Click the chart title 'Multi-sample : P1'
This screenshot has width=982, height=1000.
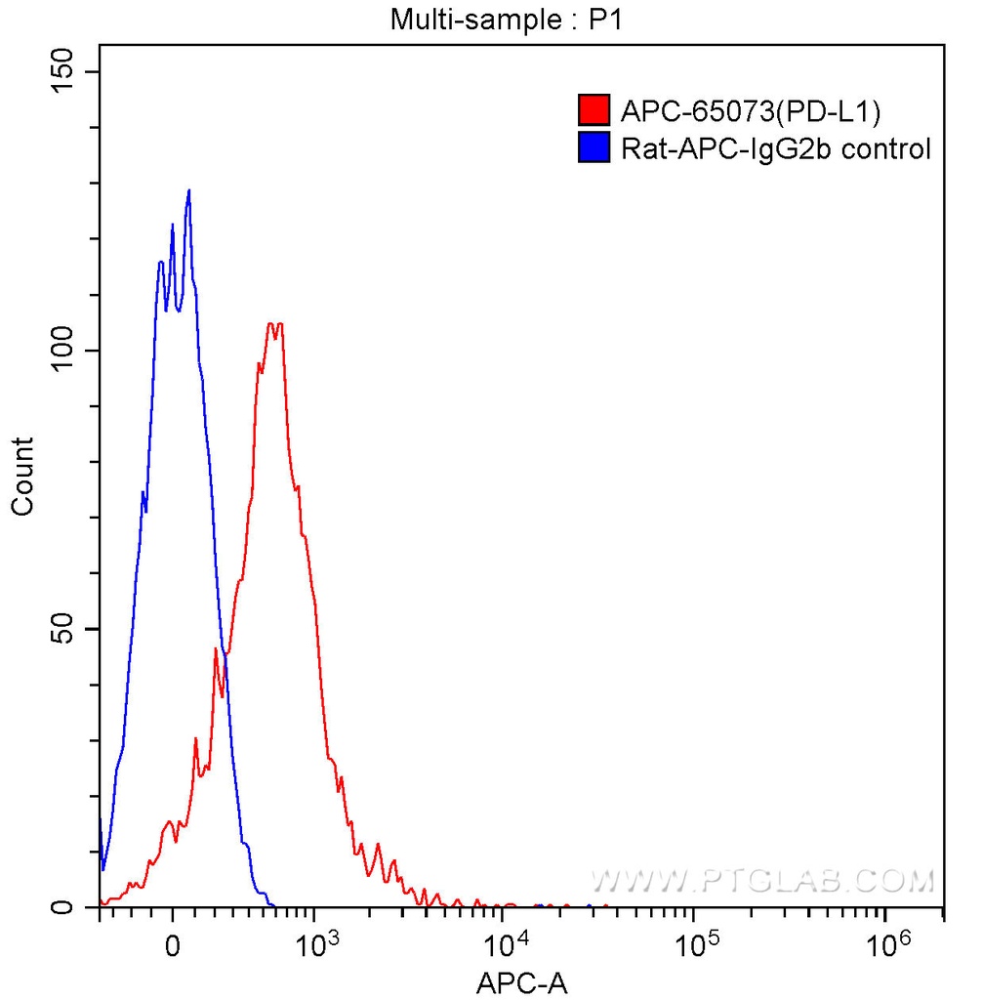click(x=506, y=20)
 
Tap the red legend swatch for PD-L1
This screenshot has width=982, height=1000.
click(x=593, y=110)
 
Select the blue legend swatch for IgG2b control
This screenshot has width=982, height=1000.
click(x=593, y=147)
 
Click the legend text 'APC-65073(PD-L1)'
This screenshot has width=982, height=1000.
click(x=751, y=111)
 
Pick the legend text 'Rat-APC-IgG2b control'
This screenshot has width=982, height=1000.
click(x=776, y=148)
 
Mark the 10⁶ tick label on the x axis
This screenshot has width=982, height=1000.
click(x=886, y=945)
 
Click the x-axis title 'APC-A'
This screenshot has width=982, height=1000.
click(x=520, y=982)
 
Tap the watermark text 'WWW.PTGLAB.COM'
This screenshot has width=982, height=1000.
click(x=762, y=882)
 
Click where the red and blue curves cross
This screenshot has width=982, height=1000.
click(x=225, y=655)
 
